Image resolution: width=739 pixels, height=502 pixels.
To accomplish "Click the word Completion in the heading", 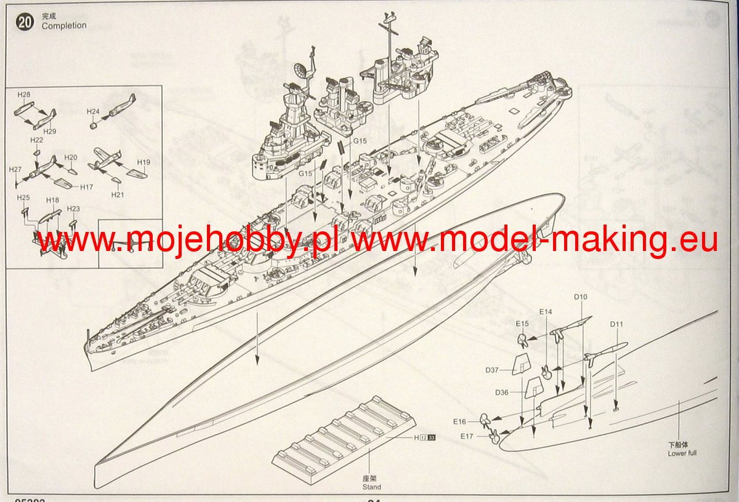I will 64,26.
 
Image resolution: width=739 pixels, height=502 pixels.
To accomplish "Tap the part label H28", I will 24,95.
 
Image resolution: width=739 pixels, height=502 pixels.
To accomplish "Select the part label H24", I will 93,111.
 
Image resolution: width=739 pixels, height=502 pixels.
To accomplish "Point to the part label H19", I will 143,162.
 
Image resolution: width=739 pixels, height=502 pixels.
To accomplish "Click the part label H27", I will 15,169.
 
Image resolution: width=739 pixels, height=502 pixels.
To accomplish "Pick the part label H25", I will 23,197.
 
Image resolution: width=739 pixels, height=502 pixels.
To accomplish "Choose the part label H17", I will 86,187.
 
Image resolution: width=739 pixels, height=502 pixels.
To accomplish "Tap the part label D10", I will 581,297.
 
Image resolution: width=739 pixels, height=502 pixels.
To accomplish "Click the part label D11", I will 617,324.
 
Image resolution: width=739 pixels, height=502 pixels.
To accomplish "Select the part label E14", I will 545,312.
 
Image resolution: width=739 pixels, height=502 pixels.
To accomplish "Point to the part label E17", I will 468,436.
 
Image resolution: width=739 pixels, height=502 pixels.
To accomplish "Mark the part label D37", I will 491,370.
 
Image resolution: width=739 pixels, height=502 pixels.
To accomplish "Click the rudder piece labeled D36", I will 531,389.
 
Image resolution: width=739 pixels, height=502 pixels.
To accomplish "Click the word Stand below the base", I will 371,487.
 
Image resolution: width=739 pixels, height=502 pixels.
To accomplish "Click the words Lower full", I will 682,454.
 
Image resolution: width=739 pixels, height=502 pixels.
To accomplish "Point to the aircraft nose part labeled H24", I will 94,125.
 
